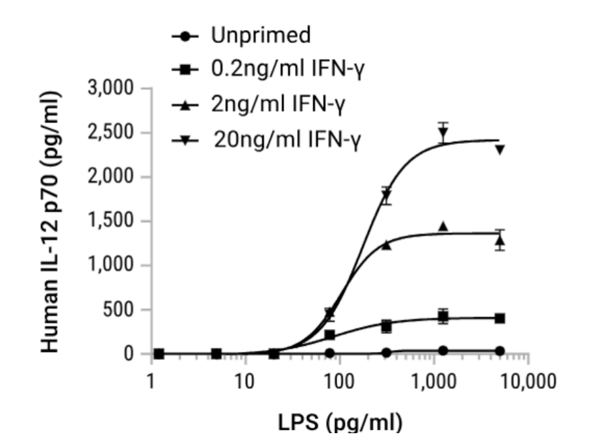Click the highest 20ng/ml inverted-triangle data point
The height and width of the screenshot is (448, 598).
point(442,132)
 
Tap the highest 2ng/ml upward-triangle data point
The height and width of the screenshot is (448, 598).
point(443,227)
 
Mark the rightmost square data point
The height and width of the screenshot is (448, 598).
point(500,318)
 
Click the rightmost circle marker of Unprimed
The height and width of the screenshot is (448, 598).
point(500,351)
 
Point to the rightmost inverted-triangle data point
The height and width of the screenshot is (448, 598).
point(500,149)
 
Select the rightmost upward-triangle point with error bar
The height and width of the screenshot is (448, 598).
point(500,239)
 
